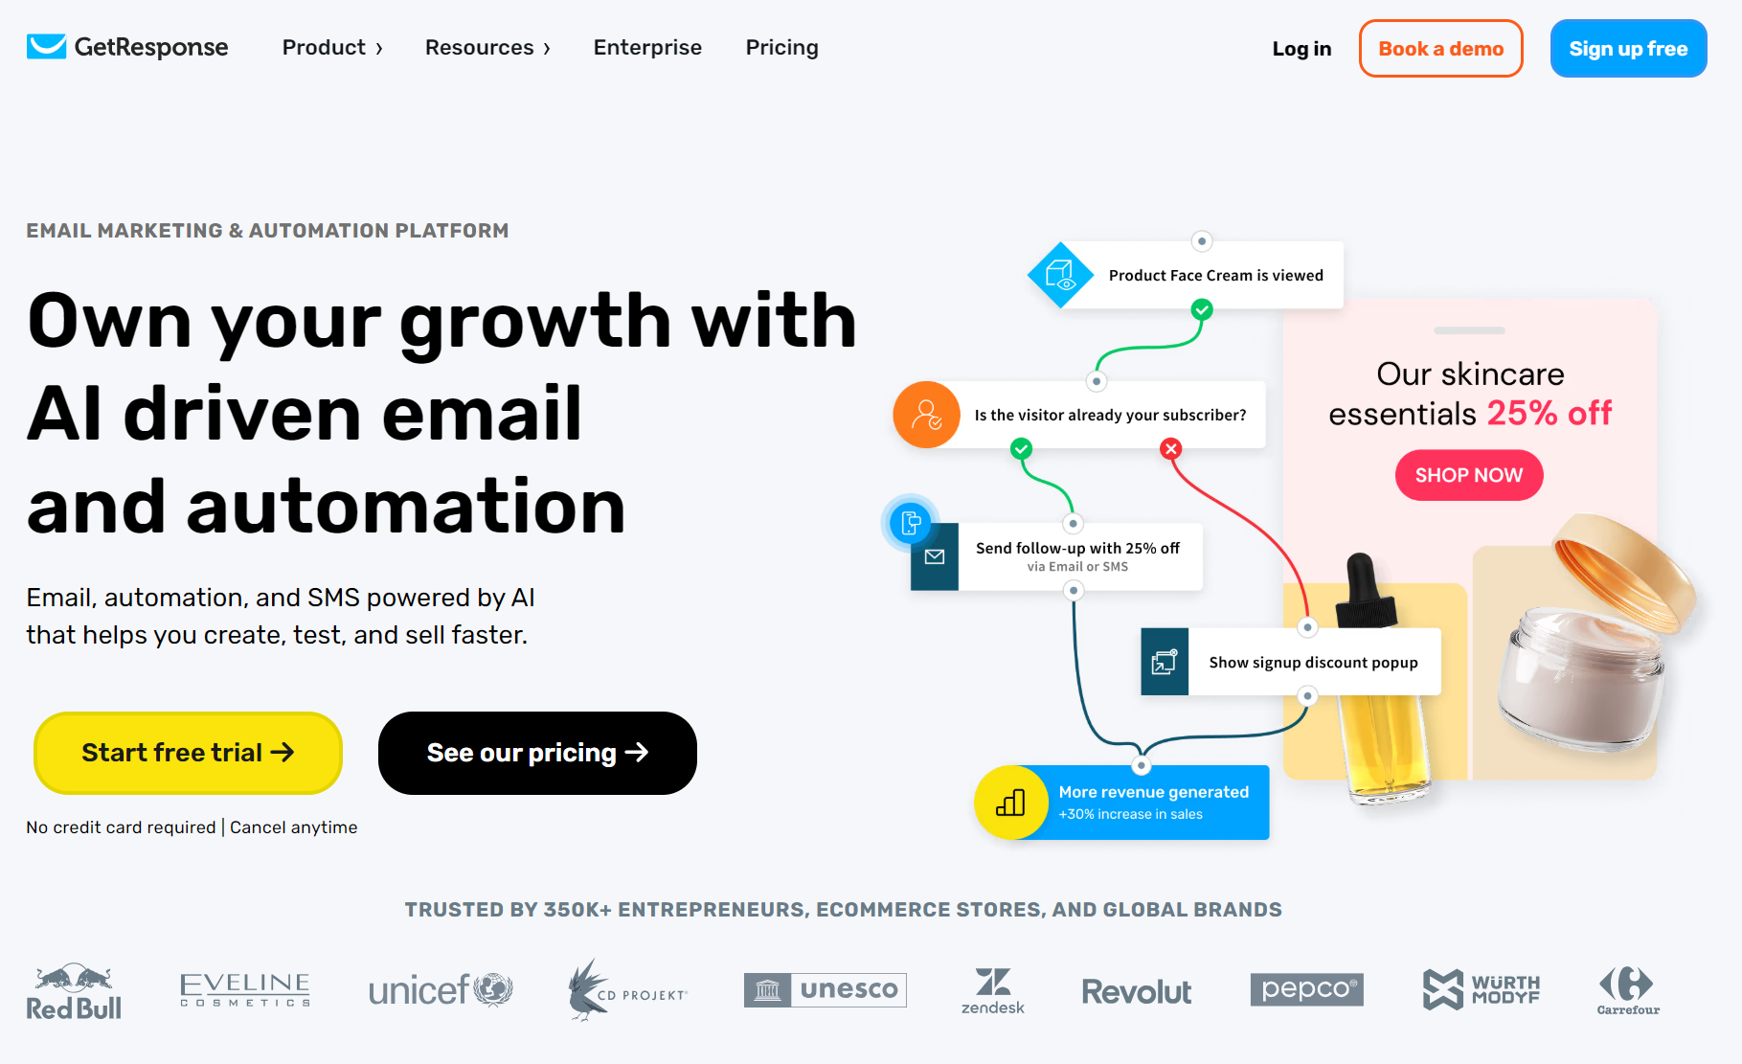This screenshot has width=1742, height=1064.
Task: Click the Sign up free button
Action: pos(1627,49)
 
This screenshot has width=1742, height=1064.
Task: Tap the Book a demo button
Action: pos(1440,49)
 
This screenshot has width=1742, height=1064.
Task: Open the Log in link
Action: pos(1301,49)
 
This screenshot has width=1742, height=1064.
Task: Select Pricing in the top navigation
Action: pos(781,48)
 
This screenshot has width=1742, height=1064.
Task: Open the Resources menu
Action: pos(486,48)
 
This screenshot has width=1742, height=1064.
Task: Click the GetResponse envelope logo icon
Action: pos(46,46)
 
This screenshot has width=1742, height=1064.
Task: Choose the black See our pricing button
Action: pos(537,753)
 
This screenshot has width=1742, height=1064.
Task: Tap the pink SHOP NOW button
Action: pos(1468,475)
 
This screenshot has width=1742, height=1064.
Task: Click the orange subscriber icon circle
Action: pos(926,415)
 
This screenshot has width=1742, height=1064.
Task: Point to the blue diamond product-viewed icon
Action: pos(1060,276)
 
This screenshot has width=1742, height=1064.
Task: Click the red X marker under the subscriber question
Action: pos(1170,448)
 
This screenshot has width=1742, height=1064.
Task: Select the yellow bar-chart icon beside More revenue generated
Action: pos(1010,803)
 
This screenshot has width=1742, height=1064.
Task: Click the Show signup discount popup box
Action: pos(1312,662)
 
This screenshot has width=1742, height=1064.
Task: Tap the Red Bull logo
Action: pos(74,992)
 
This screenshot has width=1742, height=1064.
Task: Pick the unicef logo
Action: pos(441,990)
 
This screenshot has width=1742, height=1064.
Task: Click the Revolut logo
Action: pos(1136,992)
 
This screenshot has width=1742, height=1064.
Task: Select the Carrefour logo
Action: pos(1627,990)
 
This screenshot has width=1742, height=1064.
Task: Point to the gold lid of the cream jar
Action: pos(1623,569)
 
